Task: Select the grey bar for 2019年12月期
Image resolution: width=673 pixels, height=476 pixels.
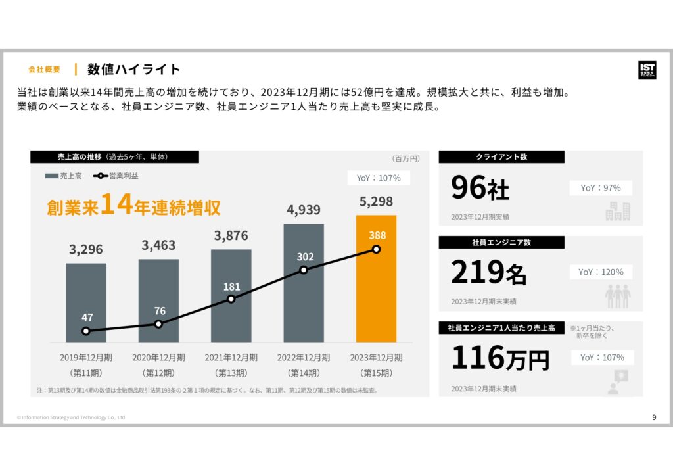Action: pyautogui.click(x=86, y=302)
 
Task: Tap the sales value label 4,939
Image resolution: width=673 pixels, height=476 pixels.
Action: pyautogui.click(x=304, y=210)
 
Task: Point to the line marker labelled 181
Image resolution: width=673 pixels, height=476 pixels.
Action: pyautogui.click(x=231, y=299)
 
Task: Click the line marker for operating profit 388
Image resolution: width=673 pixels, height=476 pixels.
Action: pyautogui.click(x=376, y=249)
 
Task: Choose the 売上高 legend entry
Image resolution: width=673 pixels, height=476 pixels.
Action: pyautogui.click(x=64, y=176)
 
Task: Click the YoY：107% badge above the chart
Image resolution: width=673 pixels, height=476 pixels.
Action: pyautogui.click(x=379, y=178)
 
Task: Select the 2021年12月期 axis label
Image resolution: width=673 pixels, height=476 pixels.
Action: pyautogui.click(x=231, y=358)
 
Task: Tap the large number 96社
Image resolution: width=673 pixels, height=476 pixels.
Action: pyautogui.click(x=480, y=189)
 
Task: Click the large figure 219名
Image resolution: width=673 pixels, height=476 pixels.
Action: pyautogui.click(x=488, y=272)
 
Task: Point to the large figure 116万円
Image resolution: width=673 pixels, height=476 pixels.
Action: pyautogui.click(x=499, y=358)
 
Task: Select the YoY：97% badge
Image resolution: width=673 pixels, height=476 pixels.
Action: pyautogui.click(x=601, y=188)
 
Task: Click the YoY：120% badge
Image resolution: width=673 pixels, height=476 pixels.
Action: pyautogui.click(x=601, y=272)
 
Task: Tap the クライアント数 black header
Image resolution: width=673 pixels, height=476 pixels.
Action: pyautogui.click(x=501, y=157)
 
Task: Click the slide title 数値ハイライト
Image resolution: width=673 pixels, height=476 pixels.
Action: pyautogui.click(x=134, y=69)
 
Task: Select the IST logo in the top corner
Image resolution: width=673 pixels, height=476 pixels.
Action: pyautogui.click(x=646, y=70)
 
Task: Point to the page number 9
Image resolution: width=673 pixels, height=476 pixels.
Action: pyautogui.click(x=653, y=417)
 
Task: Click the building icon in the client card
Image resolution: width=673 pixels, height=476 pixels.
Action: pyautogui.click(x=618, y=211)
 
